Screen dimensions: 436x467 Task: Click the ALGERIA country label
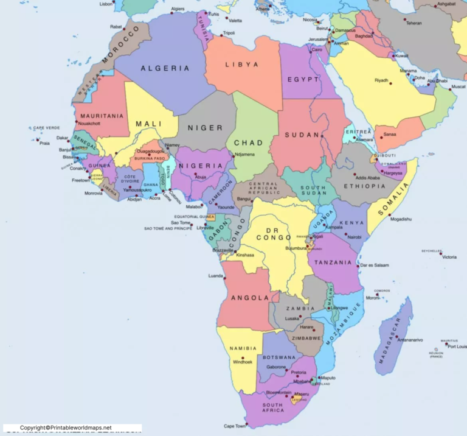pyautogui.click(x=165, y=68)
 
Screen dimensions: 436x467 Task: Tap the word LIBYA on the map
pyautogui.click(x=242, y=64)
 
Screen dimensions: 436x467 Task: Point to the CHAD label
pyautogui.click(x=249, y=142)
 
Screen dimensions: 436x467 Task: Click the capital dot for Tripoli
pyautogui.click(x=221, y=35)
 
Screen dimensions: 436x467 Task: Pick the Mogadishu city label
pyautogui.click(x=401, y=219)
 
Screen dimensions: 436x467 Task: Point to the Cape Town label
pyautogui.click(x=235, y=426)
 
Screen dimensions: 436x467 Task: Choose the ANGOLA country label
pyautogui.click(x=250, y=298)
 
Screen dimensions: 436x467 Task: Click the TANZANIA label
pyautogui.click(x=334, y=262)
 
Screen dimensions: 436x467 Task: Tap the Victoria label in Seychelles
pyautogui.click(x=449, y=257)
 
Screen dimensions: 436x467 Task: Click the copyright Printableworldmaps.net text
pyautogui.click(x=66, y=428)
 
